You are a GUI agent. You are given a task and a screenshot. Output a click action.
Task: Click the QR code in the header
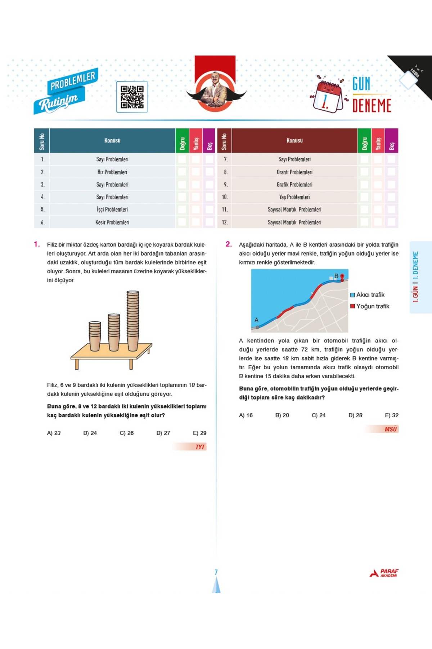132,97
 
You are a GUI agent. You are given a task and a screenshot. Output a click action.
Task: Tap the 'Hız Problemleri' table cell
112,172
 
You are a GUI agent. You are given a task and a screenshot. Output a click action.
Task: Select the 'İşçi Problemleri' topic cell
112,209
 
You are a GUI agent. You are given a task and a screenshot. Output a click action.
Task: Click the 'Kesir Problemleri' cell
112,222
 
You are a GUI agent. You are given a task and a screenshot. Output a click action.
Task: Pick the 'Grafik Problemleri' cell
294,185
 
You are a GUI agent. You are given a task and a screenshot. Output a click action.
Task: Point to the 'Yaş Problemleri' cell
294,197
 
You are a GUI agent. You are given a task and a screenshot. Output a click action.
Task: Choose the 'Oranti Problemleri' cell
294,172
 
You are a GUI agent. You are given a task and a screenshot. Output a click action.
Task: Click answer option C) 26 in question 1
126,433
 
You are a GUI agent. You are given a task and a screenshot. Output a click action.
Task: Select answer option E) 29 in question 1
199,433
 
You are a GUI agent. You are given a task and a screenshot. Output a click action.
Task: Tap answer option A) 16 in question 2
246,415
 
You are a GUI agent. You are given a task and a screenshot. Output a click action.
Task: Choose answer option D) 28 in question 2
355,415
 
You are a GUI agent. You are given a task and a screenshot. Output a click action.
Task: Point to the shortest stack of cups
95,335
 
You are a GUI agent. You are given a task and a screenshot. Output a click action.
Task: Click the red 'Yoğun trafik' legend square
353,306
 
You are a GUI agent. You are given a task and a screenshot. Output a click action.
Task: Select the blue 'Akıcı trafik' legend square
353,295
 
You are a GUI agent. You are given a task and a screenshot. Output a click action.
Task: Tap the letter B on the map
336,276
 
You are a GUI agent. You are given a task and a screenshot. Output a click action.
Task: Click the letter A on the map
256,320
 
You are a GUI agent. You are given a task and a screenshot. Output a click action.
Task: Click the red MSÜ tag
390,429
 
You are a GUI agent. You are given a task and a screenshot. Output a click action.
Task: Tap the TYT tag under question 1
200,447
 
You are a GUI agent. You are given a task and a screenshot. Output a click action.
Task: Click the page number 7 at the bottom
216,572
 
